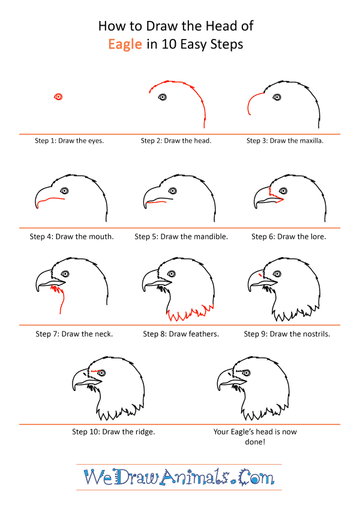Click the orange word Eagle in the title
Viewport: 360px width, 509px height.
tap(125, 44)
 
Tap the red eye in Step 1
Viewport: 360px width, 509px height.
tap(58, 97)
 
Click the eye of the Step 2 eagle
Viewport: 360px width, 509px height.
tap(162, 97)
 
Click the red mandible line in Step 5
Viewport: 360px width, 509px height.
tap(156, 202)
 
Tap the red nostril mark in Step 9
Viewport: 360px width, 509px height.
tap(260, 275)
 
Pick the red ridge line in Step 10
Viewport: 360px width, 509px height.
tap(95, 371)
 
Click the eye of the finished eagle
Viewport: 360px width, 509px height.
tap(247, 373)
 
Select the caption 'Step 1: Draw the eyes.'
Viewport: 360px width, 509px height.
tap(69, 140)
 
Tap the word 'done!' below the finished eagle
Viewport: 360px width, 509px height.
tap(255, 442)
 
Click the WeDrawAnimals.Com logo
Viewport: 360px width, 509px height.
tap(179, 477)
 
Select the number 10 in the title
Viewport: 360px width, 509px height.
tap(169, 44)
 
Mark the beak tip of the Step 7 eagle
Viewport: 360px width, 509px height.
tap(38, 290)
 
